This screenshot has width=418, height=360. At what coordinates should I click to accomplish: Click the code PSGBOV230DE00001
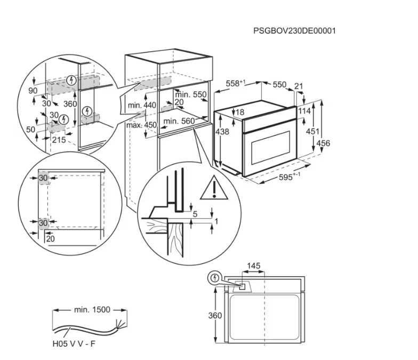[294, 31]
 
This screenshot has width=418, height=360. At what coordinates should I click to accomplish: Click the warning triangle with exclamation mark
[214, 188]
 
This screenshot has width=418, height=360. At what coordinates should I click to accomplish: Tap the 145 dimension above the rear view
[254, 266]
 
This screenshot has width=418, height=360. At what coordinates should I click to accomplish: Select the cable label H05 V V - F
[74, 343]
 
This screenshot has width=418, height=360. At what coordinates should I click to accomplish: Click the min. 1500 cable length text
[92, 309]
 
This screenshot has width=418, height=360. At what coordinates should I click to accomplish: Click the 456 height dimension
[323, 143]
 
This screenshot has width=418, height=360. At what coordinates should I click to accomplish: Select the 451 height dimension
[312, 131]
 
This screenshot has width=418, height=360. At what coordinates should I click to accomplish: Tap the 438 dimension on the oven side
[222, 131]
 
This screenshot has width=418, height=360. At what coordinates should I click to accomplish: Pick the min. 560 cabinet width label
[179, 121]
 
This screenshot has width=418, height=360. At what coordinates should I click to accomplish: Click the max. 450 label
[142, 125]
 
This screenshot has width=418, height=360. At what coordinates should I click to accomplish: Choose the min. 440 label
[142, 105]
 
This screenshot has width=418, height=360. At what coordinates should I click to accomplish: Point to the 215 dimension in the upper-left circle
[59, 140]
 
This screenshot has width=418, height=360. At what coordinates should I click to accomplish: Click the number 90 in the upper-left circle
[33, 91]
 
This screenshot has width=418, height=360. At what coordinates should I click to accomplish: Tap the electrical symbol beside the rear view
[214, 278]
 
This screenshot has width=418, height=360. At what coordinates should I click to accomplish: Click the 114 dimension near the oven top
[304, 110]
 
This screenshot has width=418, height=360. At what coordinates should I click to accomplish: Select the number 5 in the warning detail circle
[195, 214]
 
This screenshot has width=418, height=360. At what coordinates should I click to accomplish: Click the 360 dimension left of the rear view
[215, 316]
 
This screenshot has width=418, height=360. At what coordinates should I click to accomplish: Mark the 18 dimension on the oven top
[240, 112]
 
